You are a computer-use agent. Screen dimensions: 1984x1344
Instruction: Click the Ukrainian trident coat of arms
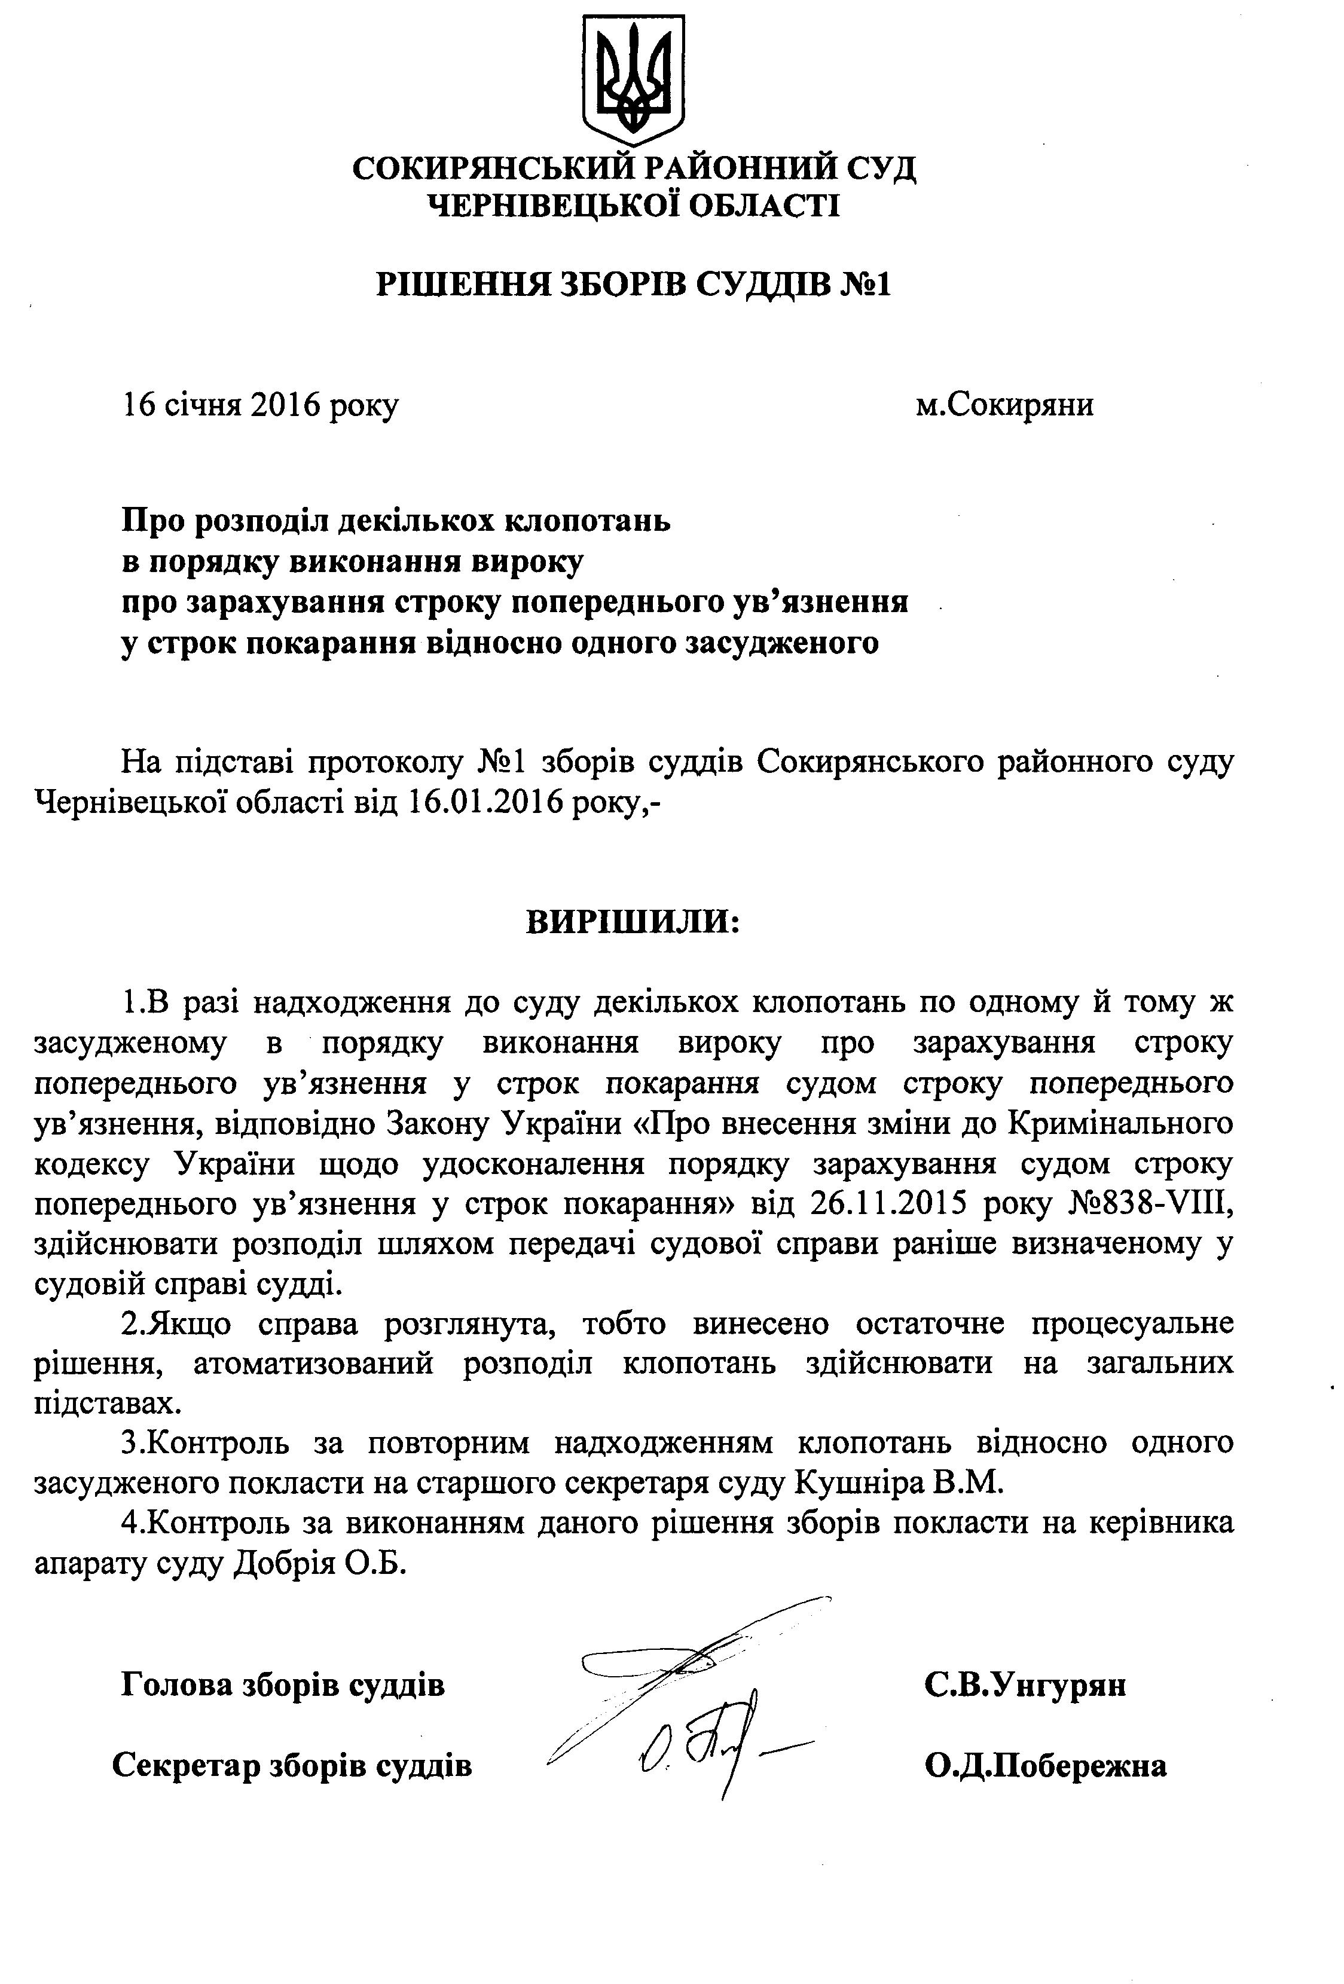coord(633,80)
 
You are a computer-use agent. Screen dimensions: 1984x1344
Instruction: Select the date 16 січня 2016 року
coord(261,405)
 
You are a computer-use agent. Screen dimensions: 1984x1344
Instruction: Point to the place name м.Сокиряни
coord(1005,404)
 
